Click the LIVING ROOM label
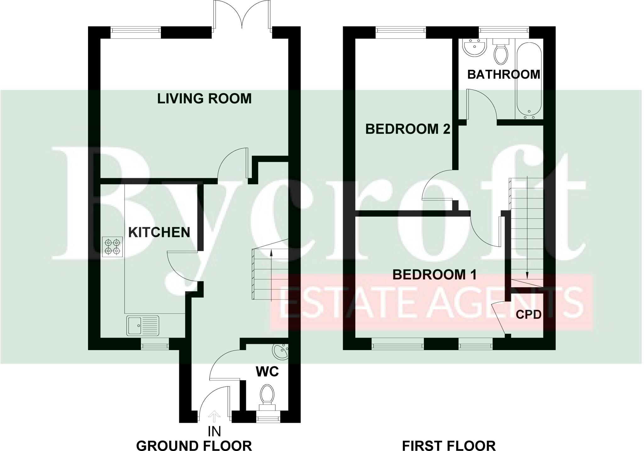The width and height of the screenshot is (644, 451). (204, 98)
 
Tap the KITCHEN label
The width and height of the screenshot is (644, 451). (159, 232)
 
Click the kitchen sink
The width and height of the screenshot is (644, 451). (143, 326)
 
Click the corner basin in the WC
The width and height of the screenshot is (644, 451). (281, 351)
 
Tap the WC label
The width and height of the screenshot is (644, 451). (267, 372)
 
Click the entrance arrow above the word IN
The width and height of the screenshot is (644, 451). (214, 416)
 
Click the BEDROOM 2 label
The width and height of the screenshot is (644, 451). (408, 129)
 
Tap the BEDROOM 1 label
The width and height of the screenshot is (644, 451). (435, 275)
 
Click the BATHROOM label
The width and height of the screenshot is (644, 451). (503, 74)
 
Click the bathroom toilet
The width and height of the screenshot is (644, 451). (501, 55)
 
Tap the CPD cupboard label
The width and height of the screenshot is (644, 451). (529, 314)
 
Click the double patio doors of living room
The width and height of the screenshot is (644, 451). (242, 16)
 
